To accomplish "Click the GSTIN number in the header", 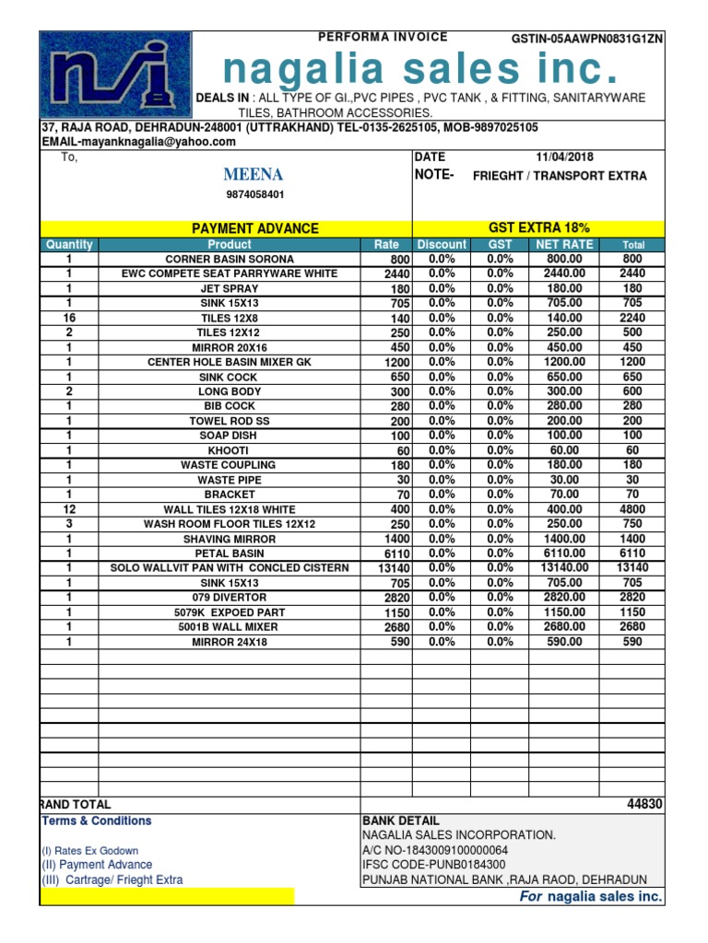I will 587,39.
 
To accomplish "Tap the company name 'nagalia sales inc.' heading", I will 420,69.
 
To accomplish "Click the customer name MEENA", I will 253,175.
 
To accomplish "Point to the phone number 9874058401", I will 255,194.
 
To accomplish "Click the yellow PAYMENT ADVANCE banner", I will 254,228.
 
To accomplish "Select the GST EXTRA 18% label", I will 539,227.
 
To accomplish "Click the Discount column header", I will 442,244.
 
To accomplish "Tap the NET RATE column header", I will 565,244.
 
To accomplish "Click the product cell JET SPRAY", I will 230,288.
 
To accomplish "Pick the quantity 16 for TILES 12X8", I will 68,318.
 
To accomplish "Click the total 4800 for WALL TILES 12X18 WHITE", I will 632,509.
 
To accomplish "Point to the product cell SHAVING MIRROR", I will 230,539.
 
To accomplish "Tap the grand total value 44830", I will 643,804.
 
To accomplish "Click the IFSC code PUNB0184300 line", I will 434,865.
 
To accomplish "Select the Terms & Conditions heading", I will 97,821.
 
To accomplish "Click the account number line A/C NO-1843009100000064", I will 435,850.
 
